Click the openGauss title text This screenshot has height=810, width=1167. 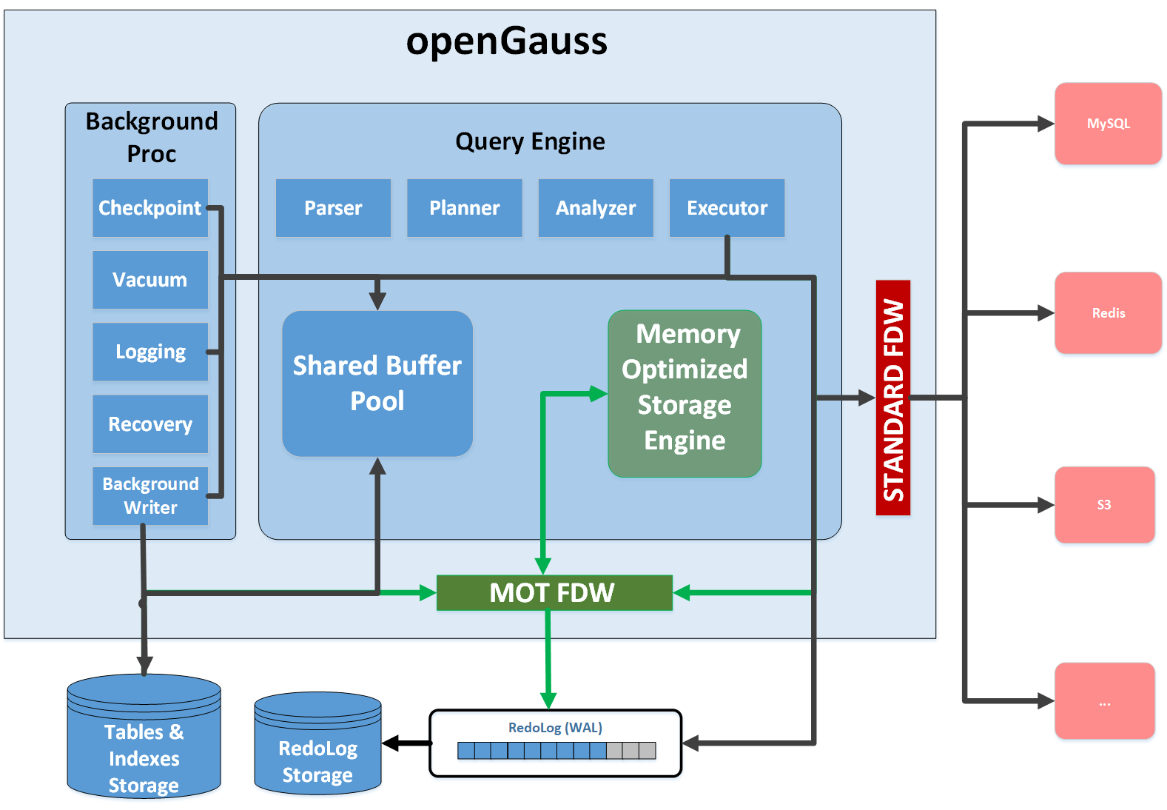pos(506,41)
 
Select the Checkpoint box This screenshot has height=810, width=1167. pos(149,208)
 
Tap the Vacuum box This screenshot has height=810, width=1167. pos(149,280)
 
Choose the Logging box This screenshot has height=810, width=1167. pos(149,352)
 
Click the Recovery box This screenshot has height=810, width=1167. pos(149,424)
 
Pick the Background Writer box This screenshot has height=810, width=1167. pos(149,495)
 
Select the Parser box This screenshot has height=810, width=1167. pos(333,208)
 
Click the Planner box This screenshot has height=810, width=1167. pos(464,208)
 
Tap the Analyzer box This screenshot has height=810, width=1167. pos(596,208)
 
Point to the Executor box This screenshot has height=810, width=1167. pos(727,208)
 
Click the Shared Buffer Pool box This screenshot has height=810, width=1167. pos(377,384)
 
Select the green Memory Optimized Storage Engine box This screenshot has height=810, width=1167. pos(685,393)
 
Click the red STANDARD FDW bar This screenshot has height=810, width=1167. pos(893,398)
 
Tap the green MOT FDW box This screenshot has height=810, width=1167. pos(554,592)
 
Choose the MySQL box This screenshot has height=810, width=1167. pos(1108,124)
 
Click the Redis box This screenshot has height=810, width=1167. pos(1108,312)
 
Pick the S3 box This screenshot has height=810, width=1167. pos(1104,505)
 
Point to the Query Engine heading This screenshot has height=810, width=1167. pos(530,141)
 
